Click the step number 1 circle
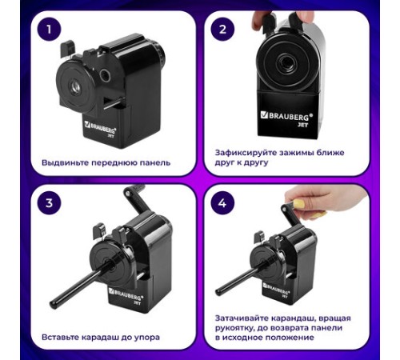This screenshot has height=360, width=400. point(49,30)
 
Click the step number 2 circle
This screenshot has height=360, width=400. point(222,30)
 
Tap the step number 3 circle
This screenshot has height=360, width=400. point(49,203)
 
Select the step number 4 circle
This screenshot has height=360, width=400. point(222,203)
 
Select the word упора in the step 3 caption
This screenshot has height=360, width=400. point(146,338)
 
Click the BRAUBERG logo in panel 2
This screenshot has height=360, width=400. point(286,116)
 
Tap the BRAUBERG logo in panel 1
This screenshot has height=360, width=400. point(100,127)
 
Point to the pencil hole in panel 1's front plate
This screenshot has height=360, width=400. point(76,87)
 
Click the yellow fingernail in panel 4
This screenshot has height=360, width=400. point(298,204)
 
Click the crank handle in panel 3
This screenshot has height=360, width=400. point(134,198)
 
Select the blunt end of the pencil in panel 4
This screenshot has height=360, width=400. point(219,292)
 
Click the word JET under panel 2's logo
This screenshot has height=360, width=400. point(303,124)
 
